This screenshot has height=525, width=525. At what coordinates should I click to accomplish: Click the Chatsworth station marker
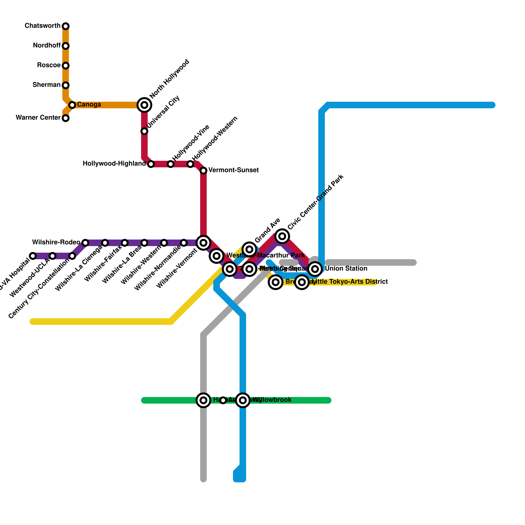[66, 26]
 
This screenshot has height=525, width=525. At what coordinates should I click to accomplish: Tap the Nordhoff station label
[47, 46]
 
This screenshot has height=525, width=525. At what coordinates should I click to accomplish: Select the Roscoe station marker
[66, 66]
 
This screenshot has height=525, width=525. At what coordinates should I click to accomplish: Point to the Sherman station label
[47, 85]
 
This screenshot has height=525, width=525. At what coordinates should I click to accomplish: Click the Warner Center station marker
[66, 118]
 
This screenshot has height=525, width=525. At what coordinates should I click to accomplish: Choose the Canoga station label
[89, 105]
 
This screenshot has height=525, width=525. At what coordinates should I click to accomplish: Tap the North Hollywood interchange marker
[144, 105]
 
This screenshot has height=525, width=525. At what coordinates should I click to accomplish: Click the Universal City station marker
[144, 131]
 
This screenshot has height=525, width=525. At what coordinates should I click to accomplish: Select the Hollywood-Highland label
[114, 164]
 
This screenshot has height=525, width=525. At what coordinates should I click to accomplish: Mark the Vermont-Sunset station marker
[203, 171]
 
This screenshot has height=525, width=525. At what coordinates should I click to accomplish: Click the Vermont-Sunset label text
[233, 170]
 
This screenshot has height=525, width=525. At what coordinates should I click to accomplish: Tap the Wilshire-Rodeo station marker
[85, 243]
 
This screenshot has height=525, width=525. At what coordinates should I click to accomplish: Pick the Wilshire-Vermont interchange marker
[203, 243]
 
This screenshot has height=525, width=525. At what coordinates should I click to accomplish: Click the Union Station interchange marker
[315, 269]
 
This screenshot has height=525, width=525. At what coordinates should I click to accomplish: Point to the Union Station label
[346, 269]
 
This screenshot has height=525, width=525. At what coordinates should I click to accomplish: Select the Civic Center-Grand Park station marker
[282, 236]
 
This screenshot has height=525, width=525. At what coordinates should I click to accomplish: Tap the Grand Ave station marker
[249, 249]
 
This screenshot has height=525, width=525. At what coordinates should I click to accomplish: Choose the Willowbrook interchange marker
[243, 400]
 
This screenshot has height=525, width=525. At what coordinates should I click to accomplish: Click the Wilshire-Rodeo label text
[56, 242]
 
